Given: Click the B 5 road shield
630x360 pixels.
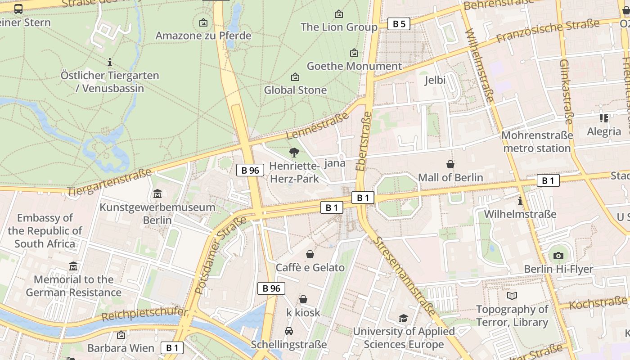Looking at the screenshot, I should pos(399,24).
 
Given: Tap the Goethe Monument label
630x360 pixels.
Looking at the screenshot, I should pos(354,66).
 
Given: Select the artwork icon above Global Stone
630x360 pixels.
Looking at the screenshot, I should pos(295,77).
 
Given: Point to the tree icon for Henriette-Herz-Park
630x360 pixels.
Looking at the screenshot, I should pos(294,153).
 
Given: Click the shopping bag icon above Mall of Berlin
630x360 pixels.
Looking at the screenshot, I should pos(450,164).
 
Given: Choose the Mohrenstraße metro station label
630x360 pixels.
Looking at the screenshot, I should pos(537,141).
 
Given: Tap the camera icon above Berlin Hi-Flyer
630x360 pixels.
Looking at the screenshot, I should pos(558,256).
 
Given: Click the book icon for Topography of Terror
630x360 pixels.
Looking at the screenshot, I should pos(512,296).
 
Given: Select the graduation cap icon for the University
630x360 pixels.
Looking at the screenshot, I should pos(403,319).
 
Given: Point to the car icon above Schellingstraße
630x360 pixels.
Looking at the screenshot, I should pos(289,332).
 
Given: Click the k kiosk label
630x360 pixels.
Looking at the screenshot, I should pos(303,312).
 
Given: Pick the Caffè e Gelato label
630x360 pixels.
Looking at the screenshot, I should pos(310,268).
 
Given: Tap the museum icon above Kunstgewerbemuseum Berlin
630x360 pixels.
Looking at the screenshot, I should pos(157,194).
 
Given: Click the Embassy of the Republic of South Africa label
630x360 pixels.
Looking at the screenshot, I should pos(45,231).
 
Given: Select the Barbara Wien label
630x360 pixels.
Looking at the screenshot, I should pos(121,348).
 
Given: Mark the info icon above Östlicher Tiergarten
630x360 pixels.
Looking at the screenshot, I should pos(109,62).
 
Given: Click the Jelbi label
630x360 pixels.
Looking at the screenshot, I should pos(435,80).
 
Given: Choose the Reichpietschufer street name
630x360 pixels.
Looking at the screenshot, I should pos(144,314).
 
